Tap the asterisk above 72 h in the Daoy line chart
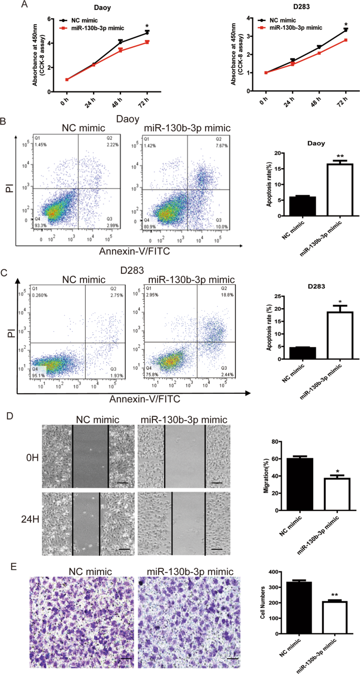click(x=147, y=25)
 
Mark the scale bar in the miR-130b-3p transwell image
click(x=233, y=657)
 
